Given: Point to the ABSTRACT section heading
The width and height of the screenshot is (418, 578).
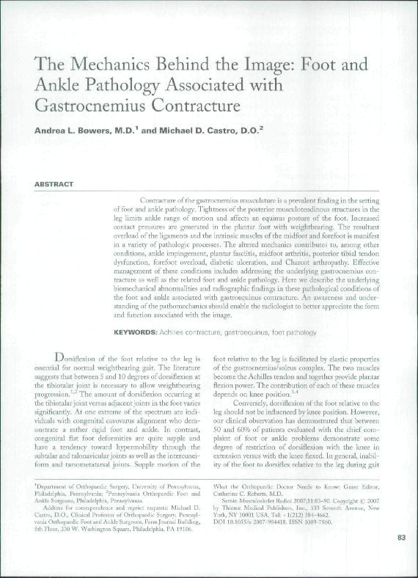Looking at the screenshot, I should point(54,183).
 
